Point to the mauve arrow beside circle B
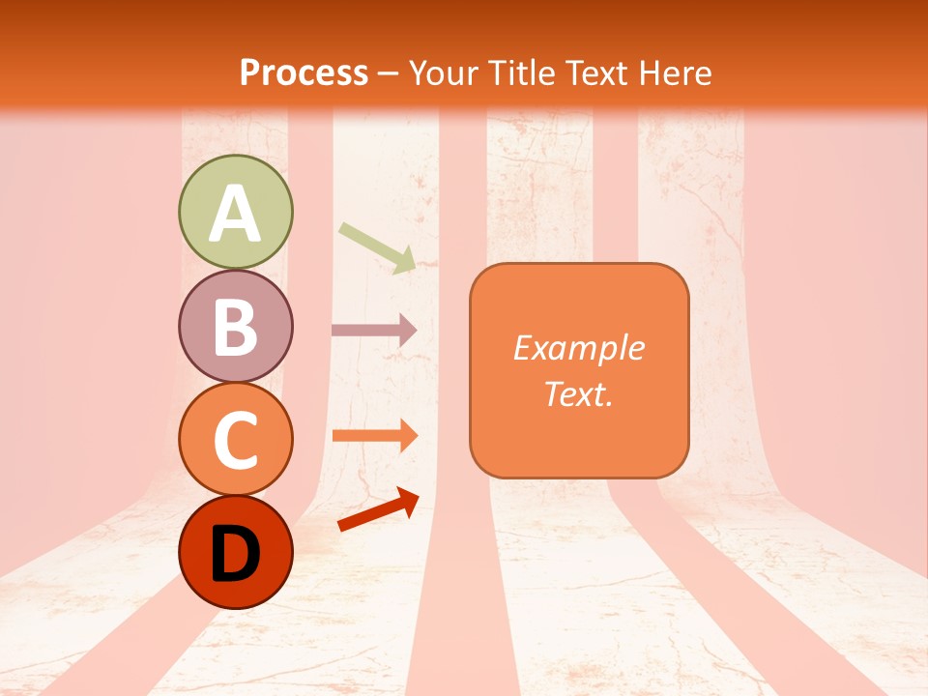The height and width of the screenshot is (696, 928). tap(374, 330)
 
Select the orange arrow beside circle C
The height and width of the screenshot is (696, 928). tap(374, 435)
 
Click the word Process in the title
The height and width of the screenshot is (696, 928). tap(304, 73)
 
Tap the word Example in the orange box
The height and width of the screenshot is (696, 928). tap(578, 348)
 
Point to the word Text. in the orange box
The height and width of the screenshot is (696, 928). tap(578, 393)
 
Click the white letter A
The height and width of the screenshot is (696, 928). tap(235, 213)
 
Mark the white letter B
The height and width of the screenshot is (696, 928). tap(235, 327)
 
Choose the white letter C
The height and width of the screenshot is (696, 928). tap(235, 440)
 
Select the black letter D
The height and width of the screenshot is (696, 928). tap(235, 554)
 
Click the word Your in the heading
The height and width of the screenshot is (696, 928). tap(441, 73)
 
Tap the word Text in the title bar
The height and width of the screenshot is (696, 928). tap(595, 73)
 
